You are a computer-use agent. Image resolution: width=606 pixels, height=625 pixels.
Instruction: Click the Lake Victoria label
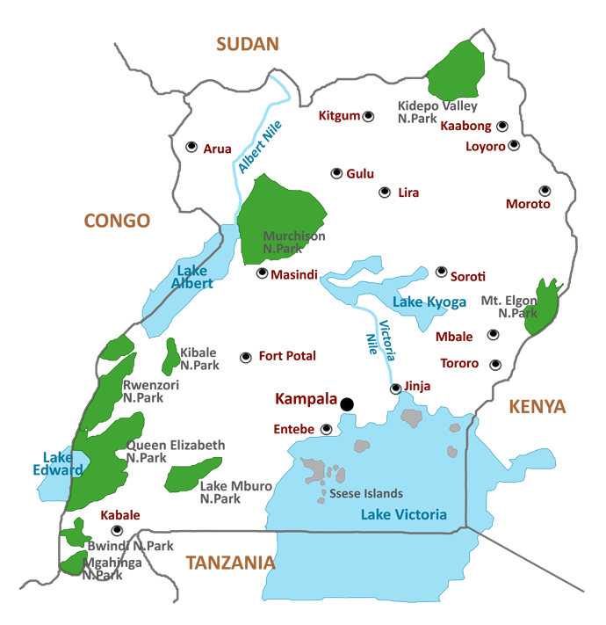click(x=404, y=515)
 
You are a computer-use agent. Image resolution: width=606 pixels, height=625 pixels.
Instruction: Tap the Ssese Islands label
click(x=367, y=494)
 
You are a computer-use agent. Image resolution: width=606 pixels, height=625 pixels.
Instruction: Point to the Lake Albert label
click(x=191, y=277)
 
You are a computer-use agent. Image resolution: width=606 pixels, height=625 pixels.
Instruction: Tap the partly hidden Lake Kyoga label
click(x=420, y=302)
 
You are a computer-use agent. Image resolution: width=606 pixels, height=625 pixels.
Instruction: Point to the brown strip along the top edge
click(x=249, y=52)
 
